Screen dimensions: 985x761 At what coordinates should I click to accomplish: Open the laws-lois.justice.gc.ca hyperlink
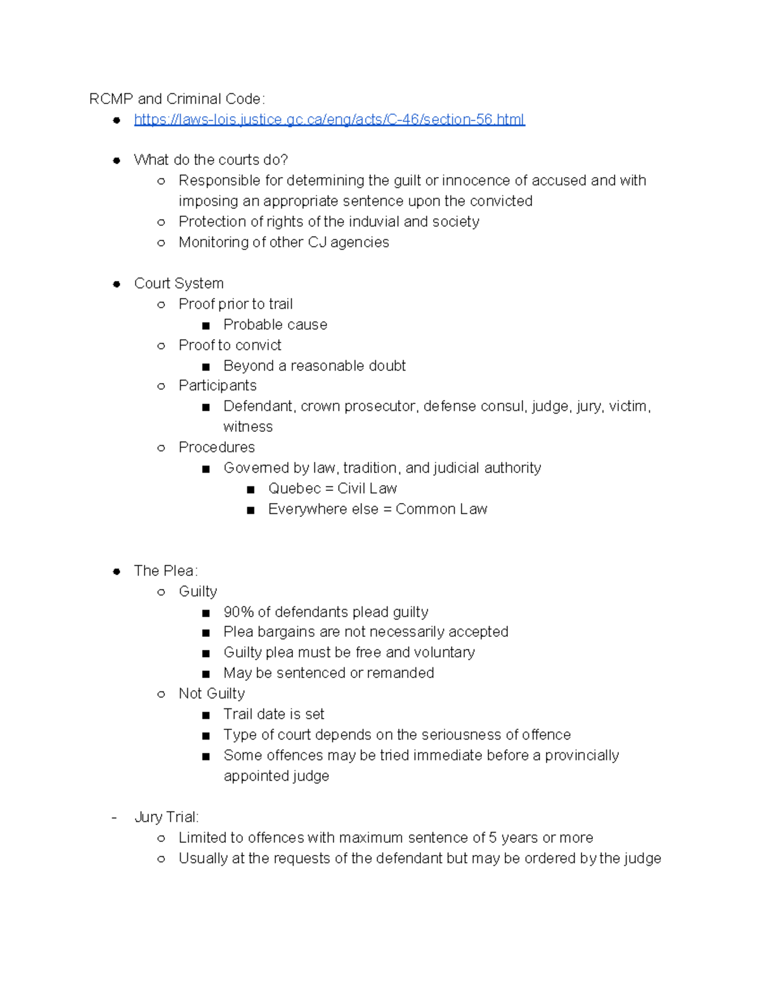329,119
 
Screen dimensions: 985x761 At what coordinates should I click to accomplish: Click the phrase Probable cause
275,325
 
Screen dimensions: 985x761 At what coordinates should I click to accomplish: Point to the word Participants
218,386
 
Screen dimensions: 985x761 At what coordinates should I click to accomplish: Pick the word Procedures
216,447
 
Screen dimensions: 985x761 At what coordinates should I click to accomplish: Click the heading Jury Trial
166,817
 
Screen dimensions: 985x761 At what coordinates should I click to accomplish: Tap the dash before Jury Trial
114,817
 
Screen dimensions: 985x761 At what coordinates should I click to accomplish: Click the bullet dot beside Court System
117,284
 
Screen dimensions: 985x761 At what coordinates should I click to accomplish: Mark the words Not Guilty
211,693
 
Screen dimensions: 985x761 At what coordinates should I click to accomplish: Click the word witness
248,427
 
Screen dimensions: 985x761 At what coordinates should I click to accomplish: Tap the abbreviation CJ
317,242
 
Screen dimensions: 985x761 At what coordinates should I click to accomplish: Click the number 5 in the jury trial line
493,838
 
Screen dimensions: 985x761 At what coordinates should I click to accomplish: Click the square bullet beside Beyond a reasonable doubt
205,367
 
